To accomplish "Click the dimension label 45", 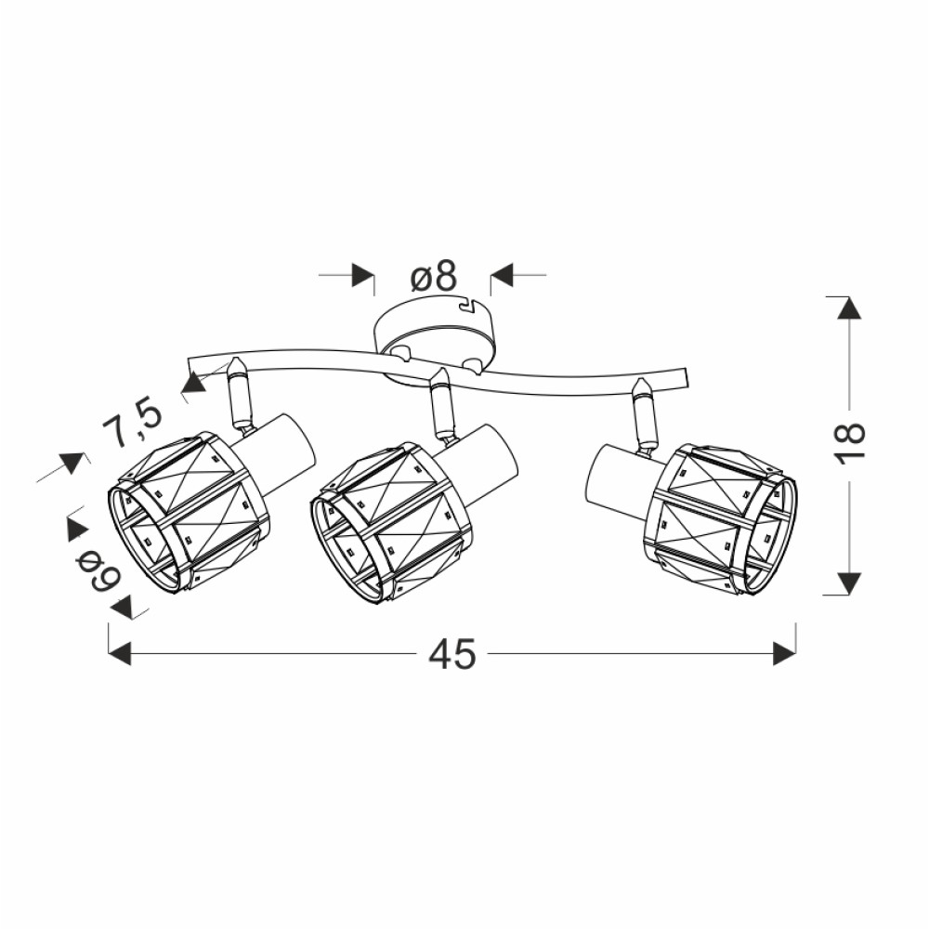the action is click(x=452, y=653).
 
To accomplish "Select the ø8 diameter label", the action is click(x=434, y=276).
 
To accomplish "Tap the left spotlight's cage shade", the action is click(x=189, y=512).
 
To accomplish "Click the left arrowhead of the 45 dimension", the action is click(x=120, y=653).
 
